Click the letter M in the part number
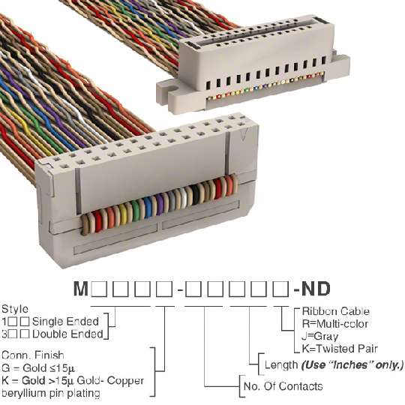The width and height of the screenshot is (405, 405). [81, 289]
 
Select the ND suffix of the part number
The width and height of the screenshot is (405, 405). [316, 289]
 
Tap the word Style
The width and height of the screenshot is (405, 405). [15, 309]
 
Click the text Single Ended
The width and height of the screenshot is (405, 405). [65, 322]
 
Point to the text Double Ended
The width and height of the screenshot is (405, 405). [67, 334]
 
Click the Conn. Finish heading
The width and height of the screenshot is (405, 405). [33, 355]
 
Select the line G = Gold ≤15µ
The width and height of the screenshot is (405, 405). [38, 368]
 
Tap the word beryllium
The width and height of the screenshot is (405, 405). [24, 394]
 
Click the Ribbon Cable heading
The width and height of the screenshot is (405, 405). [335, 311]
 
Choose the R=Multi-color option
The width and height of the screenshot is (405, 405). [334, 324]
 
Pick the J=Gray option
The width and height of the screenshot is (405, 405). [319, 337]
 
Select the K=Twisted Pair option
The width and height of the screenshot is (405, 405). [340, 349]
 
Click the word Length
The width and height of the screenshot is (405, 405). [281, 365]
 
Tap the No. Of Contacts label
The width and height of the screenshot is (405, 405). [283, 386]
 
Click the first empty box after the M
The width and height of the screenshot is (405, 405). [99, 289]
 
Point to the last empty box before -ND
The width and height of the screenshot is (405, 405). [281, 289]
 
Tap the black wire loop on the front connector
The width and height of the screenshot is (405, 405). [196, 196]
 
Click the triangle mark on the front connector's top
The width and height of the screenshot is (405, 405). [243, 134]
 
